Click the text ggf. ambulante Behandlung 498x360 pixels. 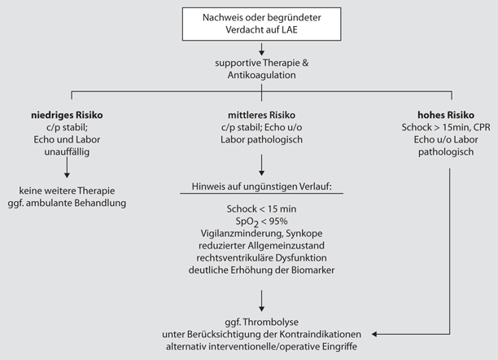click(71, 203)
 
